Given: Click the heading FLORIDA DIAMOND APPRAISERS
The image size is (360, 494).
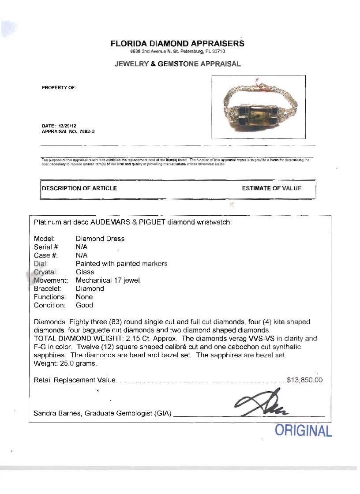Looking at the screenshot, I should point(177,44).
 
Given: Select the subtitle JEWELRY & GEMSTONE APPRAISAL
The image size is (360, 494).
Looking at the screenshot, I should point(177,64).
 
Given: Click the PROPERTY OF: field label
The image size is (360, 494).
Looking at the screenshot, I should point(59,87).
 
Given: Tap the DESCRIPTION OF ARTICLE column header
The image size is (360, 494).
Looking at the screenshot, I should point(79,188).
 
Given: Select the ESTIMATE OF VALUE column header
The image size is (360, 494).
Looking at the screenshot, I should point(272,188).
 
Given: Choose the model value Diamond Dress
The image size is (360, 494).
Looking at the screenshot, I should point(100,239).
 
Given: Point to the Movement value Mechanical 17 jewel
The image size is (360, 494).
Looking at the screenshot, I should point(108,280).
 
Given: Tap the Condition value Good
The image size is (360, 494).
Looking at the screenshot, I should point(84,305).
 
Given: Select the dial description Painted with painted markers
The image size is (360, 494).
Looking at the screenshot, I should point(121,264).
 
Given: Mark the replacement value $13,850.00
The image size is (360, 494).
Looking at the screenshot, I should point(305,380).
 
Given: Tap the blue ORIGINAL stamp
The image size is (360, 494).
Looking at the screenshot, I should point(304,430).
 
